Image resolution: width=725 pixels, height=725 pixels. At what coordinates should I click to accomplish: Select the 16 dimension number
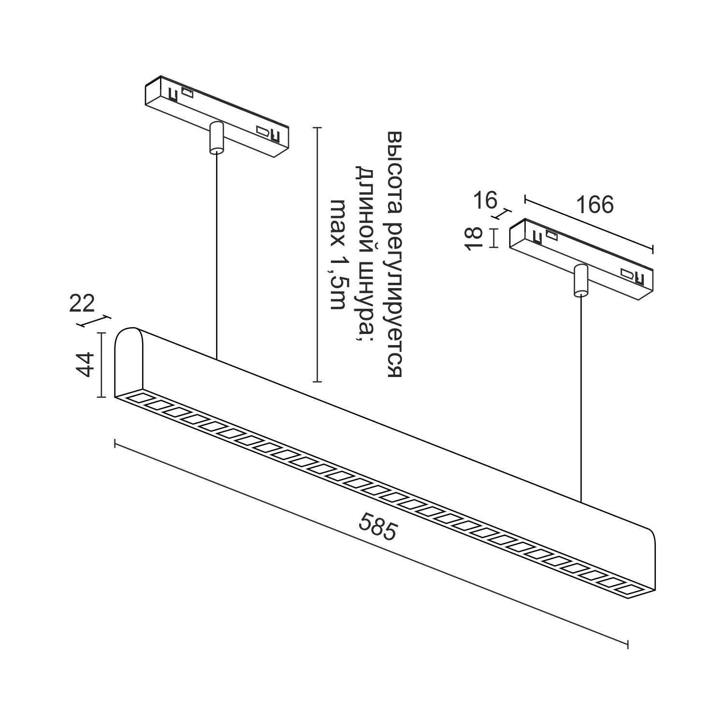click(484, 200)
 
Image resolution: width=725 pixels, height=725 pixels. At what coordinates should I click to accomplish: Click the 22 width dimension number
click(82, 304)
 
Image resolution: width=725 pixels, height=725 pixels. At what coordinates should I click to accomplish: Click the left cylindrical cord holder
click(216, 138)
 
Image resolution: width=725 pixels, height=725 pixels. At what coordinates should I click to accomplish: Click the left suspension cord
click(216, 256)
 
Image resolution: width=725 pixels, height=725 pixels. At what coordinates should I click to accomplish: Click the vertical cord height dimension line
click(317, 254)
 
